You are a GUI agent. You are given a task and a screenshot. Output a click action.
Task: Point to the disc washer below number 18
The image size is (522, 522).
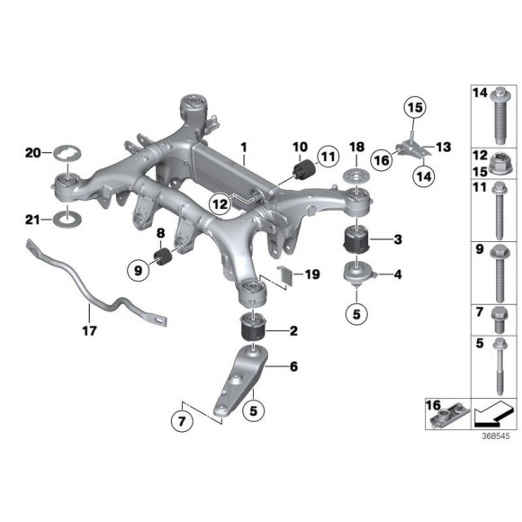[356, 175]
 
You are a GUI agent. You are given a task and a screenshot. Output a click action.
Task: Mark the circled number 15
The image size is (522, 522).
[412, 112]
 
